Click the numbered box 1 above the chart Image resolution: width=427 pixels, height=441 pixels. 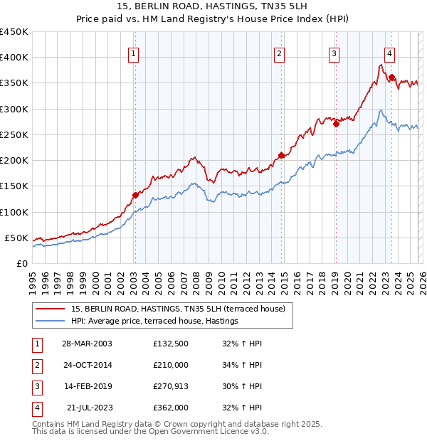pyautogui.click(x=135, y=52)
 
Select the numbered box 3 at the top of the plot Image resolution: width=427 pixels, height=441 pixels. pyautogui.click(x=334, y=52)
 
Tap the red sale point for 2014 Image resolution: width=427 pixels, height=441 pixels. pyautogui.click(x=281, y=155)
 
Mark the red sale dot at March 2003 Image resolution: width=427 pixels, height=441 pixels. pyautogui.click(x=135, y=195)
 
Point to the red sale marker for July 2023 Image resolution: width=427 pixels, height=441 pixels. pyautogui.click(x=391, y=77)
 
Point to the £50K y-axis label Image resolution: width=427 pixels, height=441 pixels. pyautogui.click(x=16, y=238)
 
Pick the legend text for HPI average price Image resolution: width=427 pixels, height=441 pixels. pyautogui.click(x=154, y=322)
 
